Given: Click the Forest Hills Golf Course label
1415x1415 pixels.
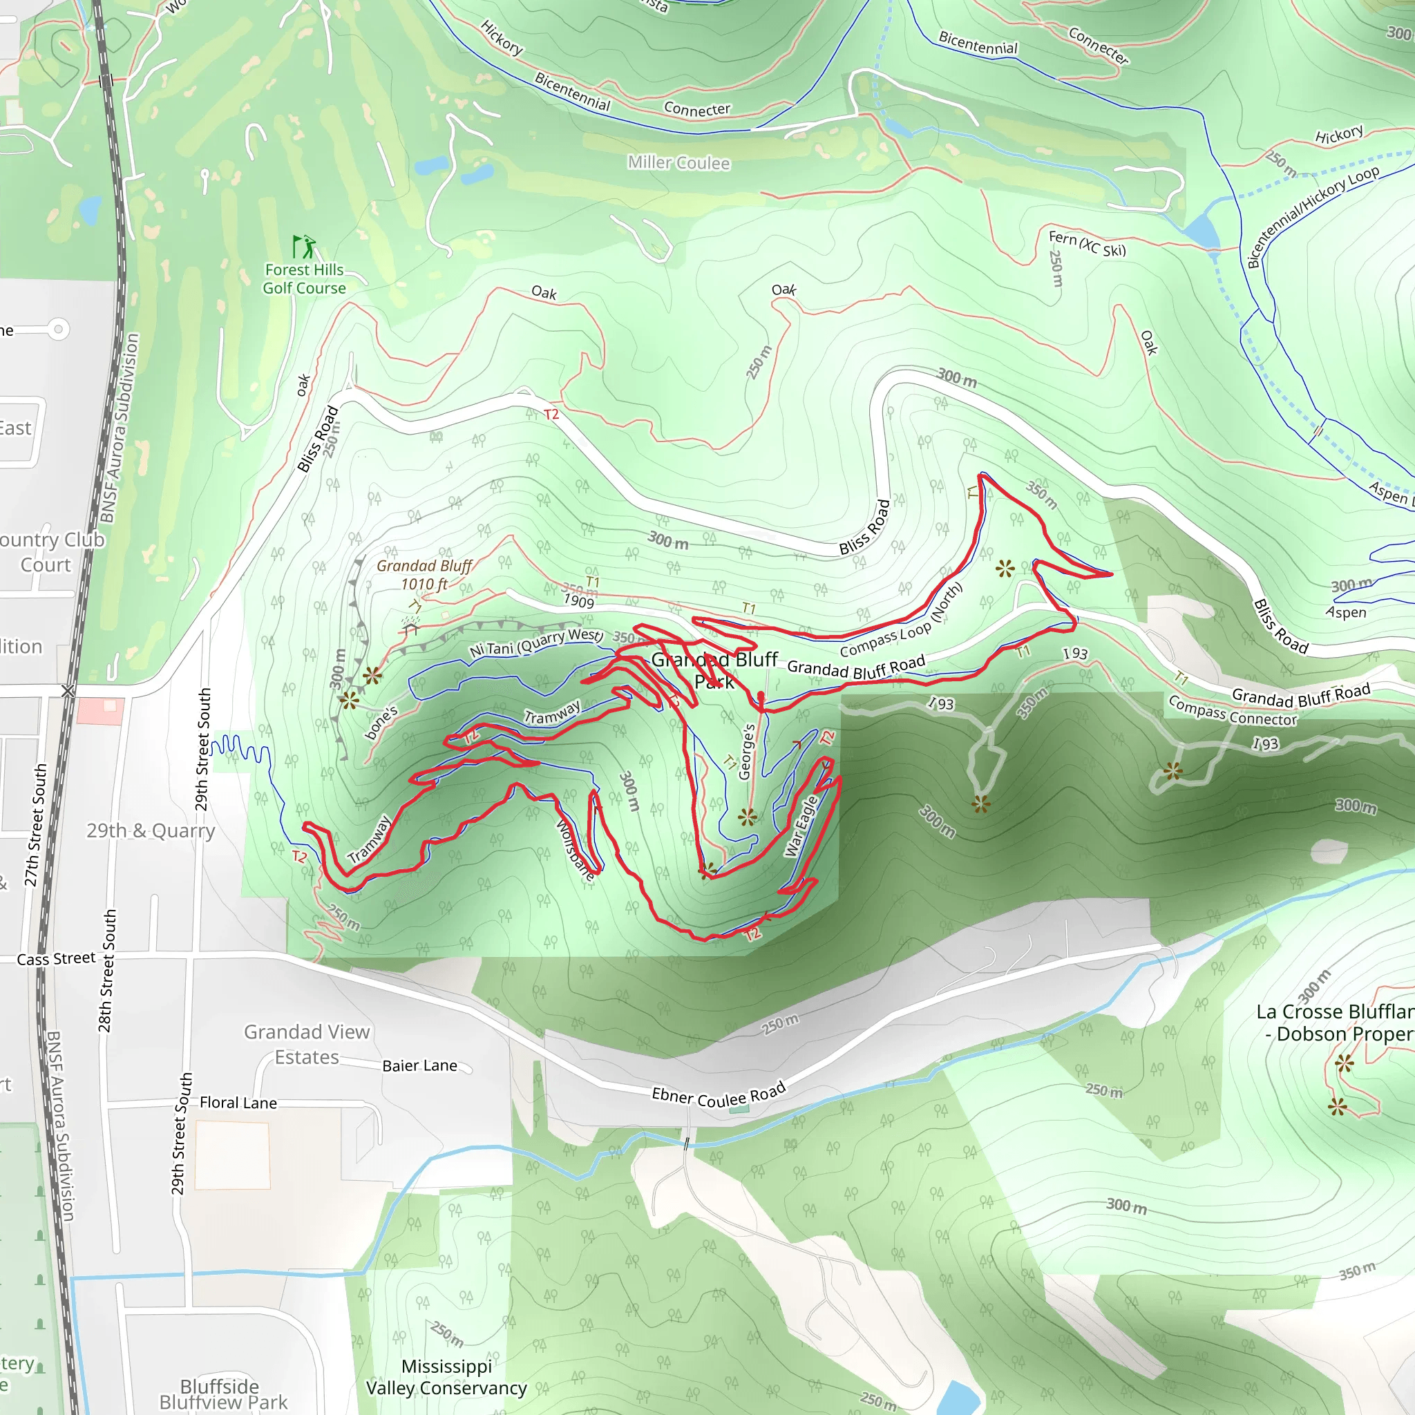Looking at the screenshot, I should click(304, 279).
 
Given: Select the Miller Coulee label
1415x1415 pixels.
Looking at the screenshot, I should click(678, 162).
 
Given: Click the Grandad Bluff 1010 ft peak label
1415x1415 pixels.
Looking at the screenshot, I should click(424, 575).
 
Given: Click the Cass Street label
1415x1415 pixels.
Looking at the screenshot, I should click(57, 959).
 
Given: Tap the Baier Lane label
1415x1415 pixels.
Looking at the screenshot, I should click(419, 1065).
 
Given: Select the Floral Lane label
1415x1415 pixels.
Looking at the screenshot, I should click(238, 1103).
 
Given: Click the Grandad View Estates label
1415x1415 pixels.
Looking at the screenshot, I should click(307, 1045).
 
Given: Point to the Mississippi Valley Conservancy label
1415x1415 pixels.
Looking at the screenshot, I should click(446, 1377).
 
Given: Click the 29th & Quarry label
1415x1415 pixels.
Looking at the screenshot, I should click(151, 830).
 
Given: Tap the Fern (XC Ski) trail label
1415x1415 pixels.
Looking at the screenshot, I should click(1087, 244).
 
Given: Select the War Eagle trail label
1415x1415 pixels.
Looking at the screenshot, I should click(802, 826).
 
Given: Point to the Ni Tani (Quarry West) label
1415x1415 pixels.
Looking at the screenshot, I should click(536, 643).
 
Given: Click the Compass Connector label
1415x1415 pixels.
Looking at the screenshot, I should click(1232, 710).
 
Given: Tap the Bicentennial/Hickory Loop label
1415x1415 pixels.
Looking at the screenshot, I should click(1313, 216).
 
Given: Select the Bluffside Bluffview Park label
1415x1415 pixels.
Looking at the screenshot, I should click(222, 1394).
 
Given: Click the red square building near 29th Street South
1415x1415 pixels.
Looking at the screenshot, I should click(100, 711).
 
